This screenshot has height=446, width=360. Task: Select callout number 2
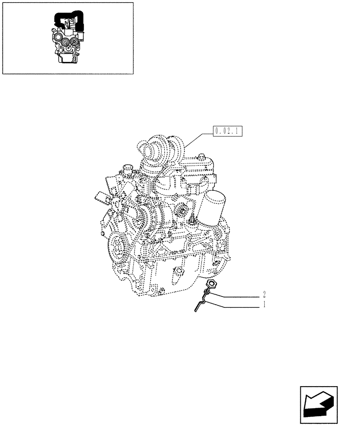(x=265, y=295)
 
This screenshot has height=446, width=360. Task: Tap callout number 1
(x=265, y=306)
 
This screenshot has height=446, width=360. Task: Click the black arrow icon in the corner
(x=318, y=405)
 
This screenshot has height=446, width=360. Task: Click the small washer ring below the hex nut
(x=207, y=293)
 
